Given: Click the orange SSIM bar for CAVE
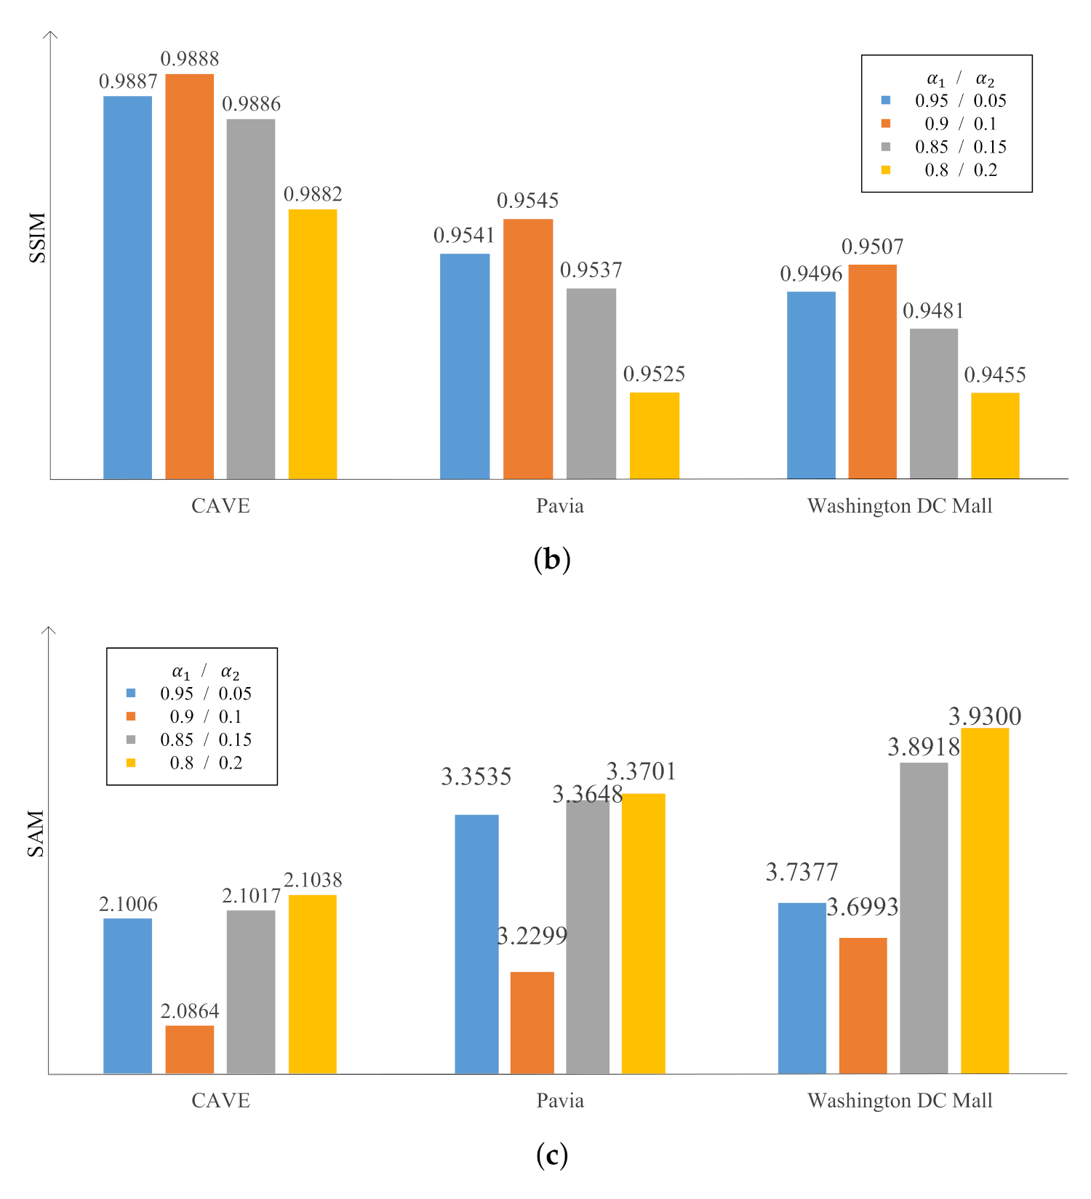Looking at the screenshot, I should click(189, 276).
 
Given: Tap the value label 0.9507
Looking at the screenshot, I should click(872, 247).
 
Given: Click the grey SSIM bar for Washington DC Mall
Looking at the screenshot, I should click(933, 404).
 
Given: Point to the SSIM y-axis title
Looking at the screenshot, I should click(37, 238).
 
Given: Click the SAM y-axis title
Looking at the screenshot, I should click(36, 833).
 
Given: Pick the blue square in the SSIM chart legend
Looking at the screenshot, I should click(885, 100).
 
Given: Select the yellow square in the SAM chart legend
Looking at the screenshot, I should click(131, 763).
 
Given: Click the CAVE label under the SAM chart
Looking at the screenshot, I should click(220, 1100).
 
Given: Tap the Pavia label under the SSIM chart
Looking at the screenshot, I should click(559, 506).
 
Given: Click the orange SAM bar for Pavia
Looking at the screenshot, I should click(532, 1022).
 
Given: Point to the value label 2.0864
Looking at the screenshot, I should click(189, 1011).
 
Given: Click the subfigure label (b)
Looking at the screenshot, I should click(551, 560).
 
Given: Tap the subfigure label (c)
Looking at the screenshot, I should click(551, 1155).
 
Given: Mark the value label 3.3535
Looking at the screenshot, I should click(476, 777).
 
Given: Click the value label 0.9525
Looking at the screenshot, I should click(654, 374).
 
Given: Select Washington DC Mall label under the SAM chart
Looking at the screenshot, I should click(899, 1100).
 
